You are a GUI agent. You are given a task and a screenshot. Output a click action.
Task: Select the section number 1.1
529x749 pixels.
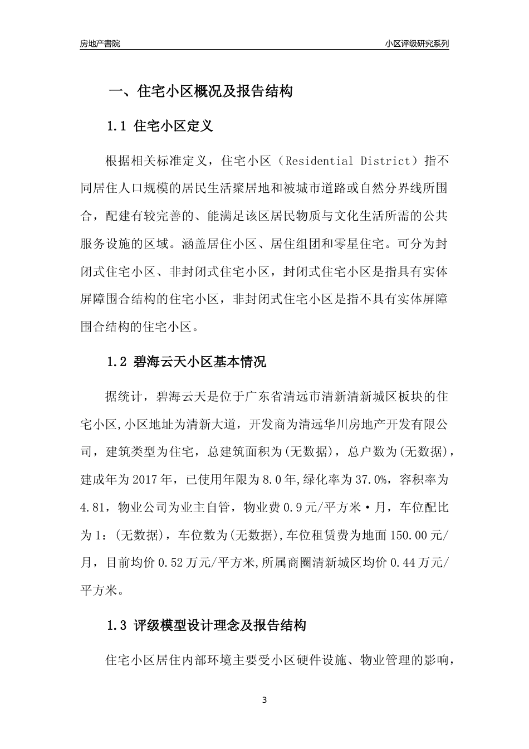pos(117,126)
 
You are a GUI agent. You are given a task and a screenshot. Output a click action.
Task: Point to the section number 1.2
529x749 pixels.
pos(117,362)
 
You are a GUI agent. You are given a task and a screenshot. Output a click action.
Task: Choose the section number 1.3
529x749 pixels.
pos(117,625)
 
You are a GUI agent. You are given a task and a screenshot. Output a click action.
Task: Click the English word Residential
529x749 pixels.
pos(315,162)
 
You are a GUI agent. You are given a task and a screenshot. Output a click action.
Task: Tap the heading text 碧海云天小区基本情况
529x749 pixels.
pos(200,362)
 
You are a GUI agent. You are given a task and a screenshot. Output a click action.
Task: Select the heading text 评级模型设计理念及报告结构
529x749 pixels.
pos(220,625)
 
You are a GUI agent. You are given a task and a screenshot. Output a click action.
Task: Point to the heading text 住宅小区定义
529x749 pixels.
pos(174,126)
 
